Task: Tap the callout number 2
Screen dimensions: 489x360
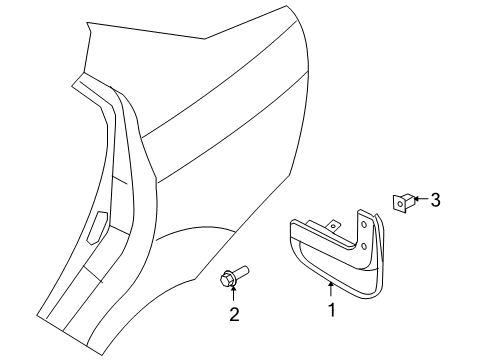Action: pos(233,344)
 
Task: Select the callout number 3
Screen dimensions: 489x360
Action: pos(434,201)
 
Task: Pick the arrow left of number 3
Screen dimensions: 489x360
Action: pos(418,201)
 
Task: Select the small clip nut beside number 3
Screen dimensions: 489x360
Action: pos(402,203)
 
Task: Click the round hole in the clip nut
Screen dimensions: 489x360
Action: pos(400,204)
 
